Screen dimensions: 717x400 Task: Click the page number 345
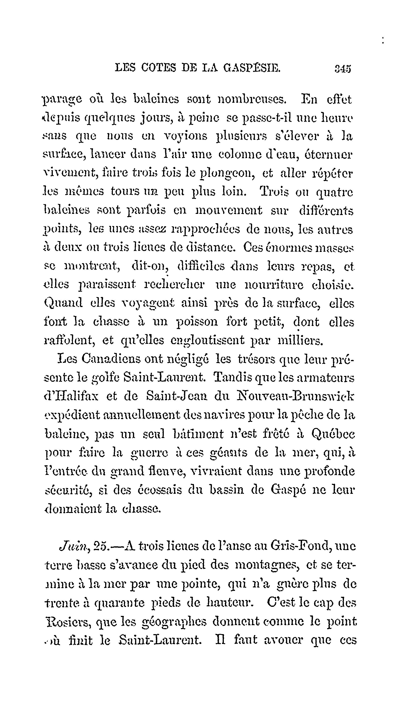point(343,68)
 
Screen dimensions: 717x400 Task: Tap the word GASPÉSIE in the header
point(252,68)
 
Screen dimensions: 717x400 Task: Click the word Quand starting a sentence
point(64,303)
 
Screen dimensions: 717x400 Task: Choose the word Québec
point(333,433)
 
